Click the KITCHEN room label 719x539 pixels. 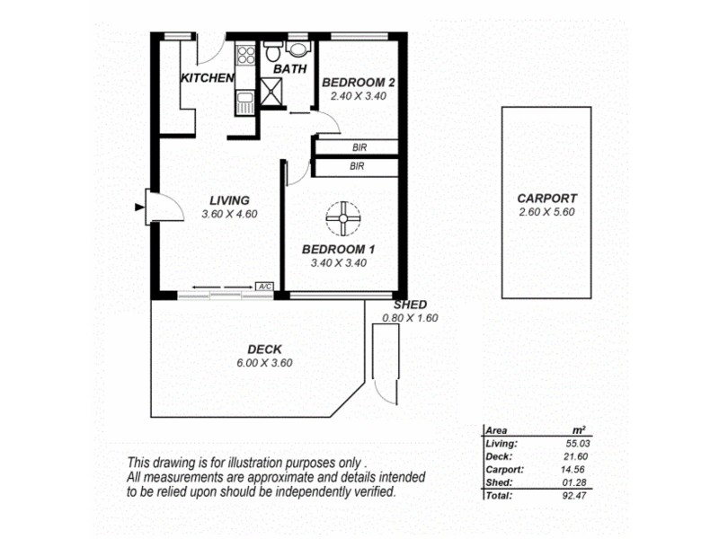coord(208,78)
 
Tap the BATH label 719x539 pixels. coord(289,68)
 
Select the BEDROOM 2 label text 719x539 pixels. coord(359,82)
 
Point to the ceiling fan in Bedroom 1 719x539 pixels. coord(342,216)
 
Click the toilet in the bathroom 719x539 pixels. coord(297,49)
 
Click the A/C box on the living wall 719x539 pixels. coord(264,287)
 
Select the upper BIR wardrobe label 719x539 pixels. coord(357,147)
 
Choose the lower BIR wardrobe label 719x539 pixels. coord(357,166)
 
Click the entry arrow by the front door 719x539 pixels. coord(138,208)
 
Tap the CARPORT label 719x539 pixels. coord(546,199)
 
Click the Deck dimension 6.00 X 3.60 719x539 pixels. coord(264,363)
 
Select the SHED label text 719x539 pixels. coord(410,305)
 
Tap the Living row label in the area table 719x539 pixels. coord(501,443)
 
